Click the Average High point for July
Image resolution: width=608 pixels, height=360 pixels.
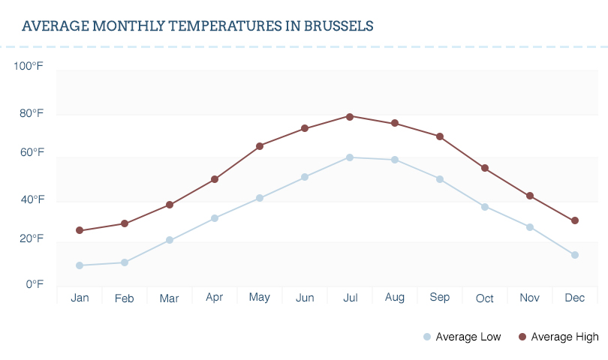[350, 116]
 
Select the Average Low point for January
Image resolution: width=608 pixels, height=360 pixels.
[80, 265]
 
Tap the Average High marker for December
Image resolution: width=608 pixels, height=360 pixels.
[575, 220]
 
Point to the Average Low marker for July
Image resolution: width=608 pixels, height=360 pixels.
[350, 157]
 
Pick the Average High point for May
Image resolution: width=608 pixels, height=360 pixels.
[260, 146]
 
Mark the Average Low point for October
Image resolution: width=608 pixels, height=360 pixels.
[485, 207]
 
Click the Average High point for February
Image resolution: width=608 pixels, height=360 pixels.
[125, 223]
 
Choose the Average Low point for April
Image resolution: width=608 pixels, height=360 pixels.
[215, 218]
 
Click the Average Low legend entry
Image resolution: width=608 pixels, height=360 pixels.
[462, 337]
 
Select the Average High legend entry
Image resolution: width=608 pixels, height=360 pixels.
[558, 337]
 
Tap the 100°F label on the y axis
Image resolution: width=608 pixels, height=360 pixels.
[29, 66]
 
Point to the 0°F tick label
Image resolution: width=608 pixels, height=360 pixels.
[35, 284]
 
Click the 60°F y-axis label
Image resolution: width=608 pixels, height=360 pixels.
[32, 152]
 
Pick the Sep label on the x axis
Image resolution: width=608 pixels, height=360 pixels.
[440, 298]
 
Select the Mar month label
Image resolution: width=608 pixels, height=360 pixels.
[170, 298]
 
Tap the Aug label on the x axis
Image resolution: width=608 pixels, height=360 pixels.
[395, 298]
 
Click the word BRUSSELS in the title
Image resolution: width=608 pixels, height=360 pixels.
[339, 26]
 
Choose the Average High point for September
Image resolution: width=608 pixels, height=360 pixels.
[440, 136]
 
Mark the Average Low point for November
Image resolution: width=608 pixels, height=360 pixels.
[530, 227]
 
